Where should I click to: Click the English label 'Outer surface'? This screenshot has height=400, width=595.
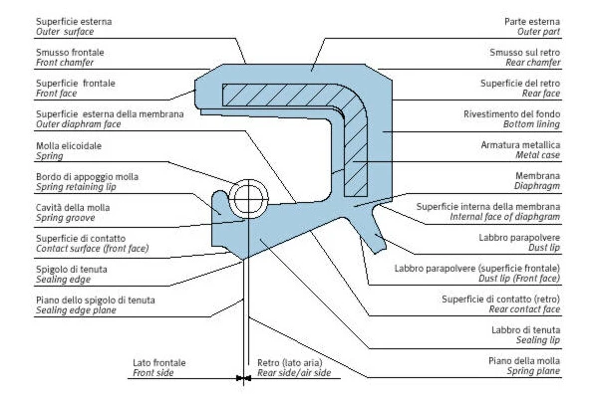[65, 32]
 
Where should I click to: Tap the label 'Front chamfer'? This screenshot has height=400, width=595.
[65, 63]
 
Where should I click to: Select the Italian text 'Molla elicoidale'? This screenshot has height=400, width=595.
[69, 146]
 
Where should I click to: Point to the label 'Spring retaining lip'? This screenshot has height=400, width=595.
[76, 187]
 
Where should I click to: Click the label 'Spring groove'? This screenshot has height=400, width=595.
[65, 218]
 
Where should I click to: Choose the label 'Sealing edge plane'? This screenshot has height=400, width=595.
[76, 310]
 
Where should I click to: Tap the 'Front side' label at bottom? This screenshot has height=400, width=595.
[152, 373]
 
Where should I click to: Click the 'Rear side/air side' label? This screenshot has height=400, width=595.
[294, 373]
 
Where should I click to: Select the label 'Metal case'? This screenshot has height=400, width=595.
[538, 155]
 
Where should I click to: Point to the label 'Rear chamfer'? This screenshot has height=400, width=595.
[533, 63]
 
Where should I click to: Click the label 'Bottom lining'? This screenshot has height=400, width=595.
[531, 124]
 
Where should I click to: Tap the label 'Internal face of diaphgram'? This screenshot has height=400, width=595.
[505, 217]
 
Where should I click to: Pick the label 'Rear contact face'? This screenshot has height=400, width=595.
[524, 309]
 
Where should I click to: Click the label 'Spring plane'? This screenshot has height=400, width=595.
[533, 371]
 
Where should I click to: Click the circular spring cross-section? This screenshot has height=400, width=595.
[248, 198]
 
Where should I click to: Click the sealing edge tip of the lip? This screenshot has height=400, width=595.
[243, 260]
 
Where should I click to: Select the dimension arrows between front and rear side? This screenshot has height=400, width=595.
[243, 378]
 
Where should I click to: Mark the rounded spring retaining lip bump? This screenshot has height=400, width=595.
[220, 203]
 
